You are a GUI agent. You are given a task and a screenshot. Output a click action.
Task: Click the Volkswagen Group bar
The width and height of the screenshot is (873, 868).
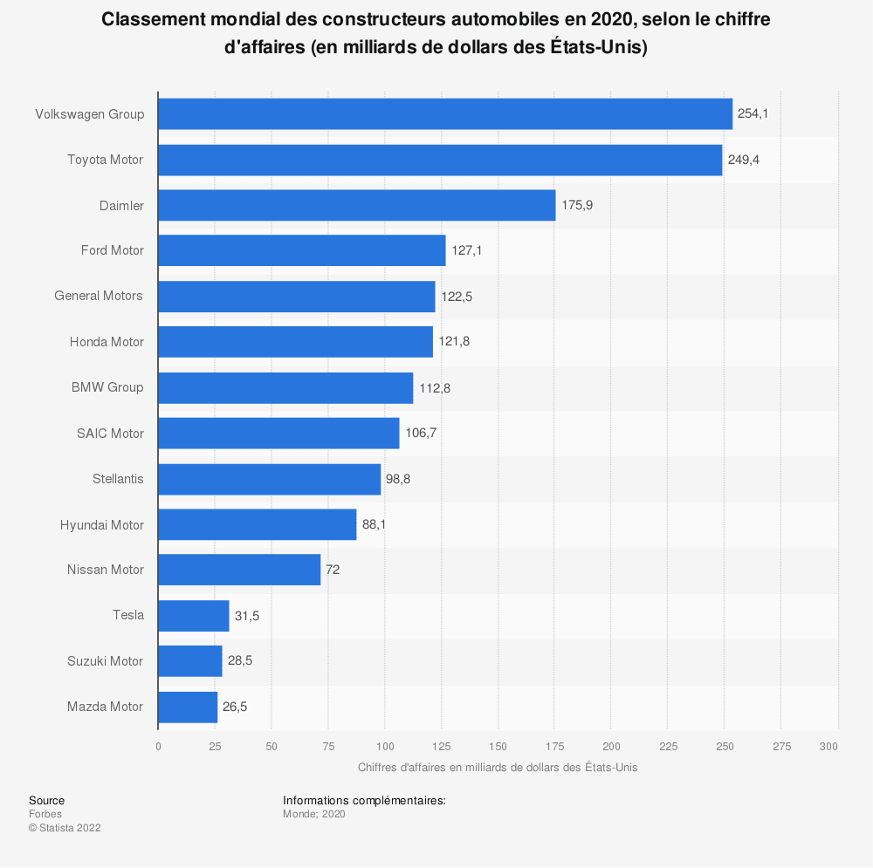point(445,114)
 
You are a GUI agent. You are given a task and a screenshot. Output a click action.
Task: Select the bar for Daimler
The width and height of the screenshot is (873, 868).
point(356,205)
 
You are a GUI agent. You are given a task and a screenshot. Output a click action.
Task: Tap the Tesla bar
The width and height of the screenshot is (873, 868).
point(193,616)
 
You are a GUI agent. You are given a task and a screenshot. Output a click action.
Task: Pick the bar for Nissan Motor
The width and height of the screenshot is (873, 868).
point(239,570)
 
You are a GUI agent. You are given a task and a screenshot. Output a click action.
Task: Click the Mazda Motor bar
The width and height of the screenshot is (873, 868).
point(188,707)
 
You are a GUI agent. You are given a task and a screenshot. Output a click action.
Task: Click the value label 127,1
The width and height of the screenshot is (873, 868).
point(466,250)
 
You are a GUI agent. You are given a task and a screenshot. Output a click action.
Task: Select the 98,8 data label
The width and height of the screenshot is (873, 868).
point(399,479)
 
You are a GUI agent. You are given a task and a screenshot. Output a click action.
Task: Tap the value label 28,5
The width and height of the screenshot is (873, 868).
point(240,661)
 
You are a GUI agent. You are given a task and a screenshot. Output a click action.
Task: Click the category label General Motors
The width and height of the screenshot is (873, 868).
point(99,296)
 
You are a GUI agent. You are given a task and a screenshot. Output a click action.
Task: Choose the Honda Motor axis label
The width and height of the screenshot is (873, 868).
point(107,342)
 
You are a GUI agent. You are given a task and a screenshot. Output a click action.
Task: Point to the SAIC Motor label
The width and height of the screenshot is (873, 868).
point(110,434)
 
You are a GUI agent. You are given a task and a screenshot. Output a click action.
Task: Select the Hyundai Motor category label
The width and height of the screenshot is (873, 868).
point(102,524)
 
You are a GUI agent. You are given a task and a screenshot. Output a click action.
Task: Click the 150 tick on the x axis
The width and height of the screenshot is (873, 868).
point(498,747)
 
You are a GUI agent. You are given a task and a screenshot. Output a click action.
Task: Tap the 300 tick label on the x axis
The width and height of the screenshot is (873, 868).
point(829,747)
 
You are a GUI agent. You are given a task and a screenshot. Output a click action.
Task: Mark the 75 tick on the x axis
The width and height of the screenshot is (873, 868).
point(327,747)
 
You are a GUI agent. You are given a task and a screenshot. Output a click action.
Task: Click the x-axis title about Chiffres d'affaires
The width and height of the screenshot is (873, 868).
point(498,768)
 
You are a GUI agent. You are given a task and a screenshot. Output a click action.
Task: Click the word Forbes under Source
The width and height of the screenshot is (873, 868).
point(45,814)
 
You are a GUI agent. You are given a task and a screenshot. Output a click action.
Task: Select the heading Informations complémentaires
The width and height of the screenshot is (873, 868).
point(364,800)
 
